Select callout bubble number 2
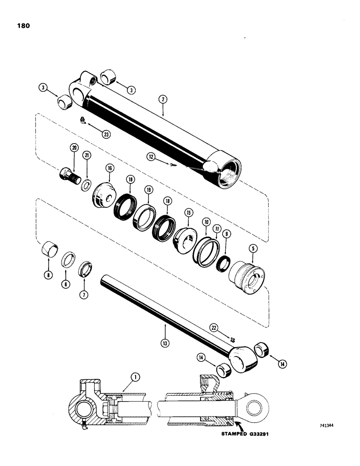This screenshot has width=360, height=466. pyautogui.click(x=163, y=99)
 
